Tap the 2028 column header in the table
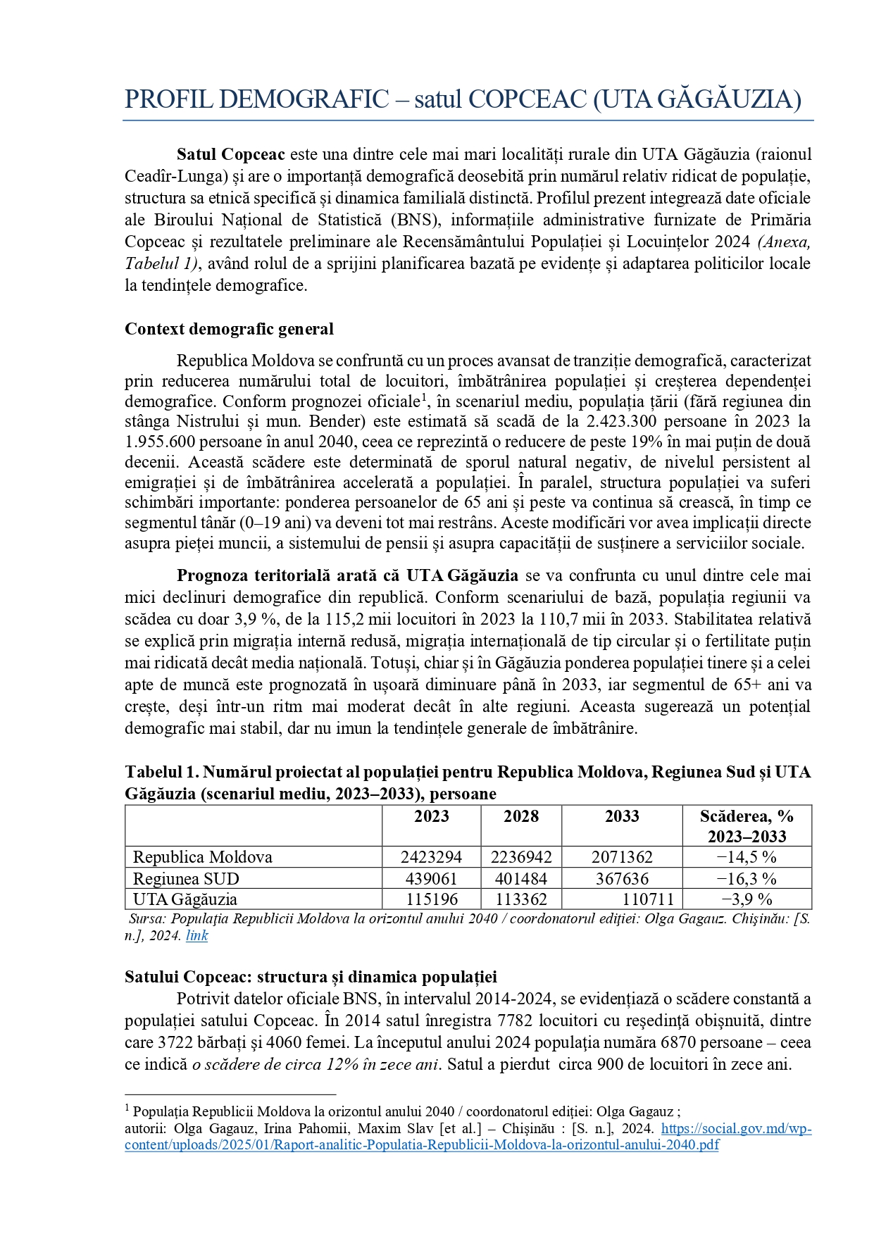pos(521,816)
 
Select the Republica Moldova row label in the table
pos(203,857)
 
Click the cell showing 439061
pos(431,879)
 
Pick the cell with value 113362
pos(521,899)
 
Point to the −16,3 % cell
pos(747,879)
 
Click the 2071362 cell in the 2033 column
pos(622,857)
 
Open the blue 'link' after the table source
pos(196,935)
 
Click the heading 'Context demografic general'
pos(229,329)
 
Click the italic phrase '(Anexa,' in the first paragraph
pos(784,242)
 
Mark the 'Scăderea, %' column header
pos(747,816)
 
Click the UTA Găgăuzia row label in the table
pos(185,899)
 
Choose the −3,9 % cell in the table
pos(747,899)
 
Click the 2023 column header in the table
pos(431,816)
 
